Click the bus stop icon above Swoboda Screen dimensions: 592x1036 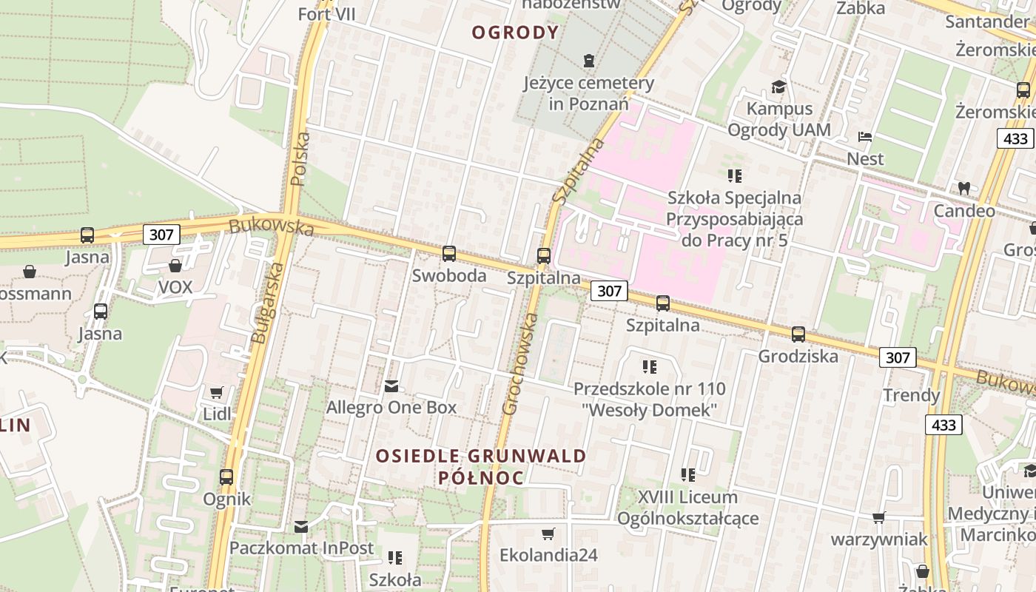coord(448,254)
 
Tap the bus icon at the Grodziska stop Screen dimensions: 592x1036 coord(798,334)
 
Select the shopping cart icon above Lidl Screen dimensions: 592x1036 coord(216,392)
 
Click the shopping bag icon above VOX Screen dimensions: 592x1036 coord(175,266)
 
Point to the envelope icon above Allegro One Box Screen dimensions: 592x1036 coord(391,386)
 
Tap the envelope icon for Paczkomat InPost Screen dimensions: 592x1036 coord(301,527)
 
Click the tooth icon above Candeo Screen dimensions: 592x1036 coord(963,188)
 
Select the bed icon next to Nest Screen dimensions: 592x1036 coord(864,137)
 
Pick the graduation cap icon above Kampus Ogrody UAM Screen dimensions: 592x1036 coord(778,87)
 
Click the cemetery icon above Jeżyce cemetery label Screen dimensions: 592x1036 coord(589,60)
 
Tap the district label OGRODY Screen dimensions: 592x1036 coord(515,33)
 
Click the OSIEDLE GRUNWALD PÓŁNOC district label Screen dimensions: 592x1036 coord(481,467)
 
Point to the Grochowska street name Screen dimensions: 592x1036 coord(520,363)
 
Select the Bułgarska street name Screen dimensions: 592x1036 coord(267,303)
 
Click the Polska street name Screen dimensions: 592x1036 coord(300,158)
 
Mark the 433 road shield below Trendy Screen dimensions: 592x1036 coord(943,425)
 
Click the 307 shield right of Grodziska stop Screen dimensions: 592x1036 coord(898,358)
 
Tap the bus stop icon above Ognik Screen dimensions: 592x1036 coord(226,477)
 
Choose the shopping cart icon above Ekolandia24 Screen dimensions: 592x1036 coord(548,534)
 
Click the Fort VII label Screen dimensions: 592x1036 coord(326,14)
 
